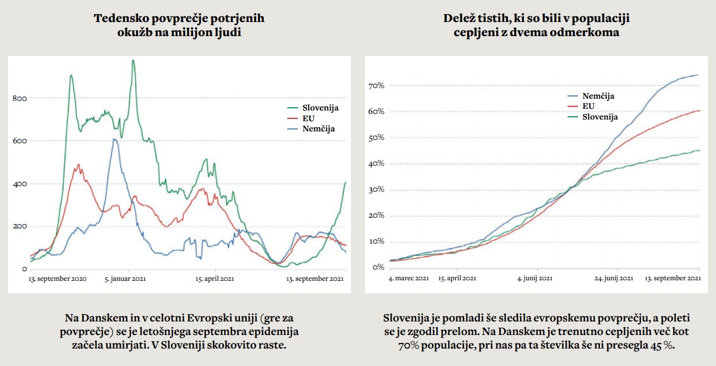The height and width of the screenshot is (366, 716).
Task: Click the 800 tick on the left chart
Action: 19,98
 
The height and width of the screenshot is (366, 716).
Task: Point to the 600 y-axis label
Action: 19,141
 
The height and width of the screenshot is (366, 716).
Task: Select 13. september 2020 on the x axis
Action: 58,279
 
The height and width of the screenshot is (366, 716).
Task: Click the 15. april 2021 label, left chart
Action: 215,279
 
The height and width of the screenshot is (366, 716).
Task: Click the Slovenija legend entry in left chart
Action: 320,108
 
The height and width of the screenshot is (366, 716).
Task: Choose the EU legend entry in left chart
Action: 308,118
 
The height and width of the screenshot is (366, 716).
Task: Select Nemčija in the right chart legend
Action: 598,96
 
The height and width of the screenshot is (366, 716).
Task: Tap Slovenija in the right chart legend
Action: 600,117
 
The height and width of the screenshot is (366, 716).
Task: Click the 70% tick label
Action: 376,86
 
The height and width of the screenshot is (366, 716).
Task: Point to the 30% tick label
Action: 376,189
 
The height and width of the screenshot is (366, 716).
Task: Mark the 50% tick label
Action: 376,138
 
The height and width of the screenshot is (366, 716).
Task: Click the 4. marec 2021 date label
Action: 409,278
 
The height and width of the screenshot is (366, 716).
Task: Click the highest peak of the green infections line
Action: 133,60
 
